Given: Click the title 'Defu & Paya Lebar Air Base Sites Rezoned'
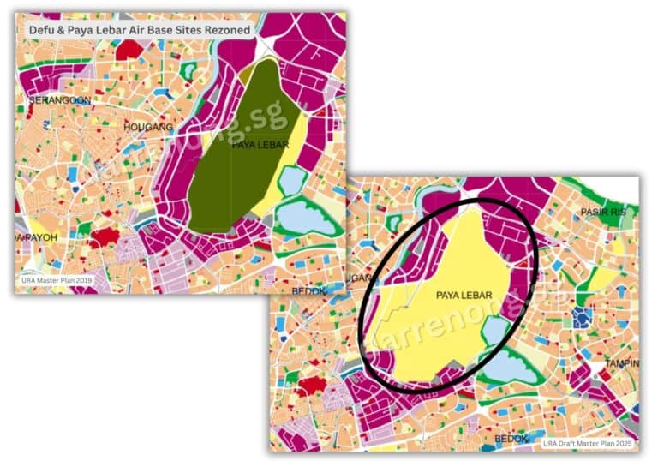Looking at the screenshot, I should pos(140,30).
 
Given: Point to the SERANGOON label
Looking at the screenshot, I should pos(59,100).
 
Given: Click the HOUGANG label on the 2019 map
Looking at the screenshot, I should pos(149,127).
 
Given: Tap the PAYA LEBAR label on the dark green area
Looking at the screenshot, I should pos(260,145).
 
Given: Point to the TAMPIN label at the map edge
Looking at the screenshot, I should pos(622,363).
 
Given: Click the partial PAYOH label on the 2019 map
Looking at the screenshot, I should pos(39,236).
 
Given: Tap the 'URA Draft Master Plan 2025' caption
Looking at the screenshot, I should pos(588,443).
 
